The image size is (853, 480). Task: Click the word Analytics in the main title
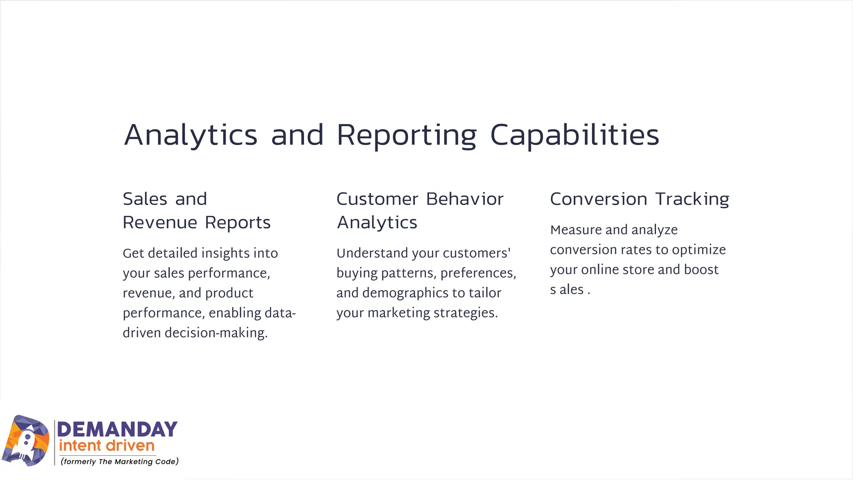point(191,136)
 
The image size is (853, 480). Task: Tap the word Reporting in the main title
point(407,136)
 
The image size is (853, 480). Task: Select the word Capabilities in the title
point(575,136)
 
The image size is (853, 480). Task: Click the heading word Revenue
point(160,223)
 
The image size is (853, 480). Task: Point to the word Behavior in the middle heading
point(465,199)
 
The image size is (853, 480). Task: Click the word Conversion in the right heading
point(599,199)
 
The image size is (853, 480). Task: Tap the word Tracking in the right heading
point(692,199)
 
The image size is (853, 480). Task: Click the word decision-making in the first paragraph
point(216,333)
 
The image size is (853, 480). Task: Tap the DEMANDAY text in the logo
point(117,430)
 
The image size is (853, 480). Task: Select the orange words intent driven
point(107,446)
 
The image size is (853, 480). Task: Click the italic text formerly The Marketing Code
point(120,461)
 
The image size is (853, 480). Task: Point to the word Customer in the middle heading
point(377,199)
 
